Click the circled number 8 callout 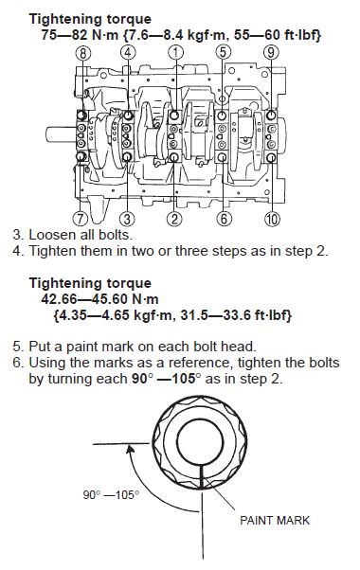click(83, 53)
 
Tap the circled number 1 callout click(175, 53)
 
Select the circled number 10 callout click(272, 220)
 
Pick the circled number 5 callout click(224, 53)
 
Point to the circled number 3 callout click(127, 220)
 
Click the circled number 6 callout click(224, 220)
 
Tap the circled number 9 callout click(271, 53)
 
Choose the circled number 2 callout click(174, 220)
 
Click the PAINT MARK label click(275, 520)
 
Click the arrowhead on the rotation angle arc click(129, 449)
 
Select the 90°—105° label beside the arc click(111, 495)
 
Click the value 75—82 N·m click(80, 35)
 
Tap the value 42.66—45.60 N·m click(99, 299)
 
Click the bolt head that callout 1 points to click(174, 116)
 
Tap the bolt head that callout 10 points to click(271, 157)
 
